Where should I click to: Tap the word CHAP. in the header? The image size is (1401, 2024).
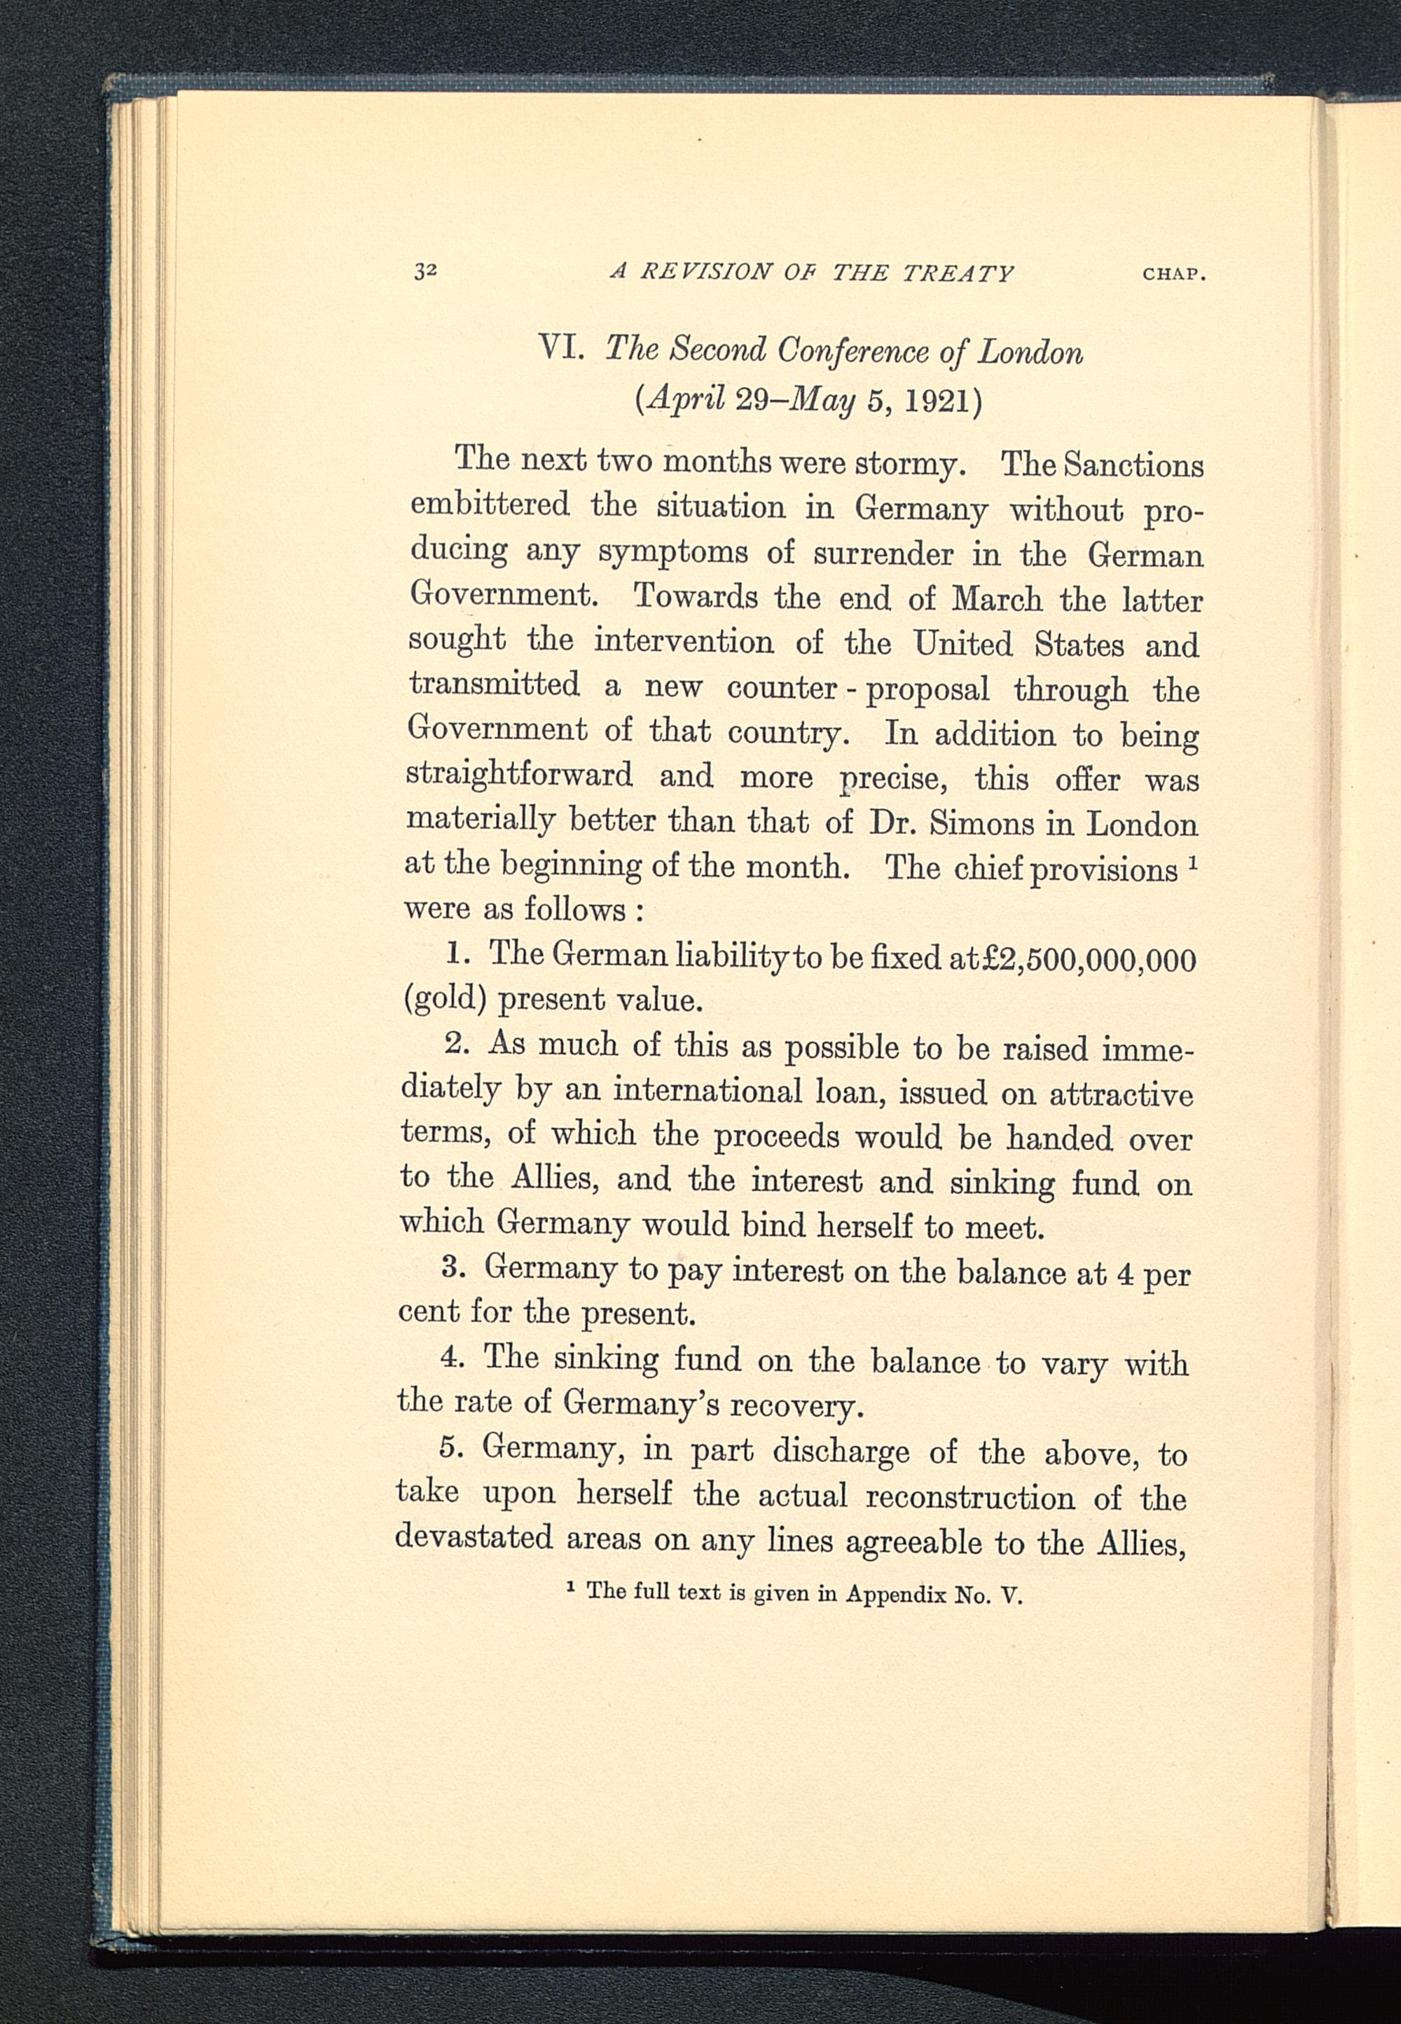click(1173, 274)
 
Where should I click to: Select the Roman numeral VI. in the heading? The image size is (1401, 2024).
click(562, 350)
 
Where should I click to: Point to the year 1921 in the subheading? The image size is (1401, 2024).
click(936, 401)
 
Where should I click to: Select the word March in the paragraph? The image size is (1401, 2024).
click(998, 600)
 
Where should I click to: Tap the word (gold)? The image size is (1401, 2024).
click(443, 1000)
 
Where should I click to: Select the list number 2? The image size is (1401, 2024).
click(457, 1045)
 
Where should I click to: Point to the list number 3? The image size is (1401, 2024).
click(453, 1268)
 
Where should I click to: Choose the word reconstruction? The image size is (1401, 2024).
click(970, 1496)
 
